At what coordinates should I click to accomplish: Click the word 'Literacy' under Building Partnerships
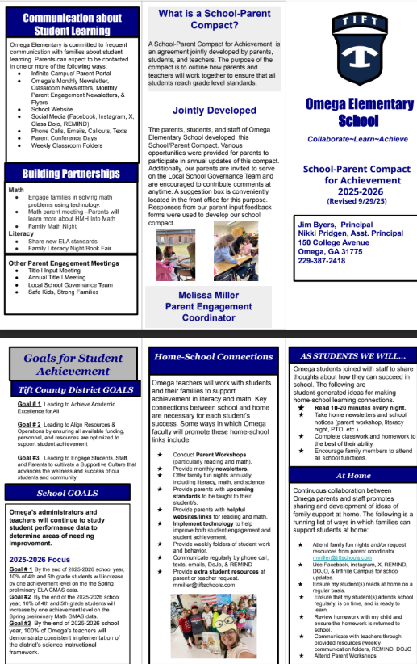(x=21, y=233)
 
